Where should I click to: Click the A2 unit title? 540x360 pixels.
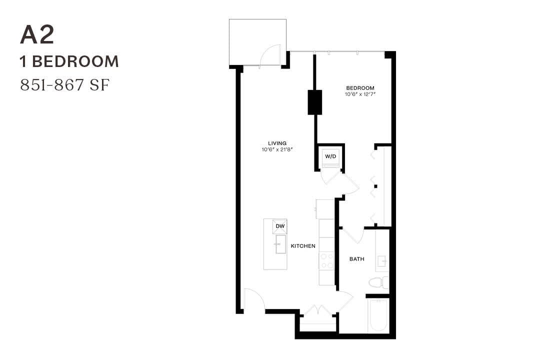[37, 35]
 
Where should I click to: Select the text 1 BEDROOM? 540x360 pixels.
[69, 61]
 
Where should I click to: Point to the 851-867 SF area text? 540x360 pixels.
[64, 85]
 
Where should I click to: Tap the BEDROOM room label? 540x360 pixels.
[360, 88]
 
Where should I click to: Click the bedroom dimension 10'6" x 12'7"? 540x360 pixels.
[360, 94]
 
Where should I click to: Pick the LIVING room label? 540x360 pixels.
[277, 143]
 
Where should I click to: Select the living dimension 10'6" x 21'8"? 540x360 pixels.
[277, 149]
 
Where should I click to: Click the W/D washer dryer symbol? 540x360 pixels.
[331, 156]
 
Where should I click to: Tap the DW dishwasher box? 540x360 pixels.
[280, 226]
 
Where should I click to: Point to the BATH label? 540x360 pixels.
[356, 259]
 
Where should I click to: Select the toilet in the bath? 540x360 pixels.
[378, 282]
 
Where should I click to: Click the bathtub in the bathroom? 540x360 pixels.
[377, 315]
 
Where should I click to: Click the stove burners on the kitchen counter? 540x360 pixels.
[326, 260]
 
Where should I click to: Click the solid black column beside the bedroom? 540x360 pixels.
[315, 102]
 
